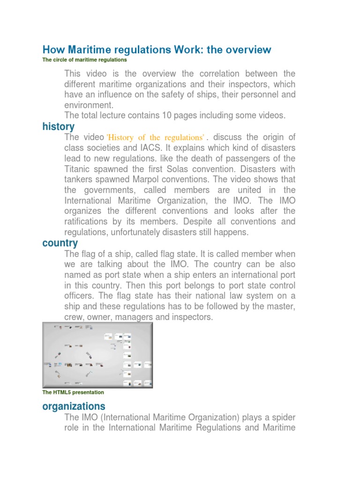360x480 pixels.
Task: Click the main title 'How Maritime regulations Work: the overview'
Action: [x=157, y=50]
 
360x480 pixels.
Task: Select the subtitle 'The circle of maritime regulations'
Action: [x=84, y=60]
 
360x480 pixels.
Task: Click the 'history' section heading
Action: [x=58, y=127]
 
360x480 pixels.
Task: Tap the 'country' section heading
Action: [x=60, y=243]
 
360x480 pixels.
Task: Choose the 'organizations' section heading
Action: [x=74, y=406]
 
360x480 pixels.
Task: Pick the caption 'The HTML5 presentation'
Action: [x=73, y=392]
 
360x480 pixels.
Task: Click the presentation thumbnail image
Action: [x=97, y=355]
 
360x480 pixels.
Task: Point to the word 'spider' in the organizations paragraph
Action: [x=283, y=417]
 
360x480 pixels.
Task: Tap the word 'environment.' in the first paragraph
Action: [x=89, y=105]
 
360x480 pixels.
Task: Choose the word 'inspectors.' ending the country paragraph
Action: [x=191, y=317]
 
